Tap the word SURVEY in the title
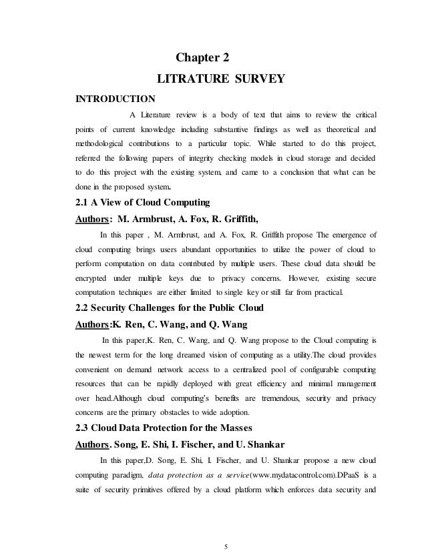[259, 80]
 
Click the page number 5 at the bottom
[226, 529]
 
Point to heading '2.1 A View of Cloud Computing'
[142, 202]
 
